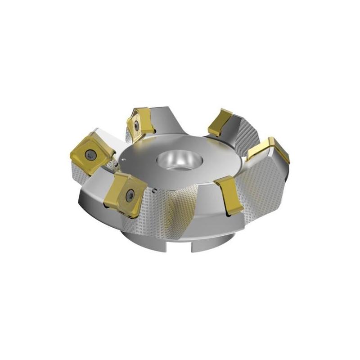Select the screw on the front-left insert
[130, 194]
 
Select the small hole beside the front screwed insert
[153, 190]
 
